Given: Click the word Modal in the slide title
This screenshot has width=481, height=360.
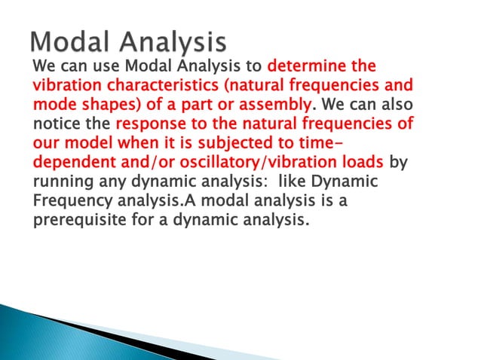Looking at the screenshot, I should (x=69, y=41).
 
